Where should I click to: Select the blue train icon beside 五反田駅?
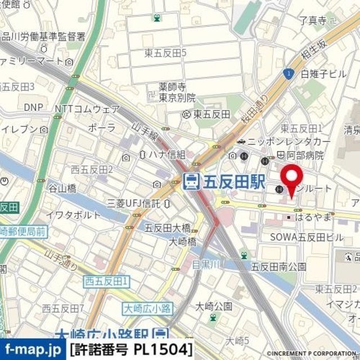point(191,181)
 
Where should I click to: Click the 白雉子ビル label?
point(323,74)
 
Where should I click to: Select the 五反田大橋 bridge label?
point(168,227)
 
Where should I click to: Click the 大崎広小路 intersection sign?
point(143,308)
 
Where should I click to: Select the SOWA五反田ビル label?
point(307,237)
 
